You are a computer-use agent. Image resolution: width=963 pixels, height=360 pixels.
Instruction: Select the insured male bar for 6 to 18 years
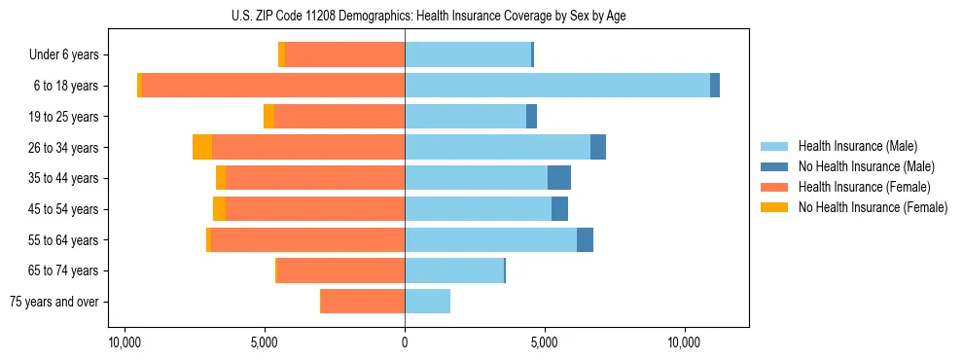point(556,86)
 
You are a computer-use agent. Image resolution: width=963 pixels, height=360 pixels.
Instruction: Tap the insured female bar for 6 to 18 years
point(273,86)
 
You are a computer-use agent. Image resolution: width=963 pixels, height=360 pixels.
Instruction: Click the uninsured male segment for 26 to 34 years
point(598,147)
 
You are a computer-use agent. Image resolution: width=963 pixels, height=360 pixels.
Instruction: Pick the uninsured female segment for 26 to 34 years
point(202,147)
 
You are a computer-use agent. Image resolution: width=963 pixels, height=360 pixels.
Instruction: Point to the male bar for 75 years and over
point(427,302)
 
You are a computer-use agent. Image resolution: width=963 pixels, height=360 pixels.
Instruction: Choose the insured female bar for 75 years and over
point(363,302)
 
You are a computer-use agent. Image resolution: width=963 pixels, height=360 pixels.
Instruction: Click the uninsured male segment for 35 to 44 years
point(559,178)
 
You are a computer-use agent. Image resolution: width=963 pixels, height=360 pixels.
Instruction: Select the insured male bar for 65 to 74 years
point(454,270)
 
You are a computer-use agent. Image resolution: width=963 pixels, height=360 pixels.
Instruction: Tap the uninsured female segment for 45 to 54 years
point(220,209)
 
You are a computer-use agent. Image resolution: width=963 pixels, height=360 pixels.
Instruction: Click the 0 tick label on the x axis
point(405,342)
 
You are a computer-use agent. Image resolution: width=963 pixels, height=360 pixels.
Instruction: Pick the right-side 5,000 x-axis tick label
point(545,342)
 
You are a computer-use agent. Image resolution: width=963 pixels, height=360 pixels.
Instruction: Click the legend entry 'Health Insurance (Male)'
point(857,146)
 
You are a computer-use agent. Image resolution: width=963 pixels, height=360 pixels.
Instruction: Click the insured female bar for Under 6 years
point(344,55)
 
